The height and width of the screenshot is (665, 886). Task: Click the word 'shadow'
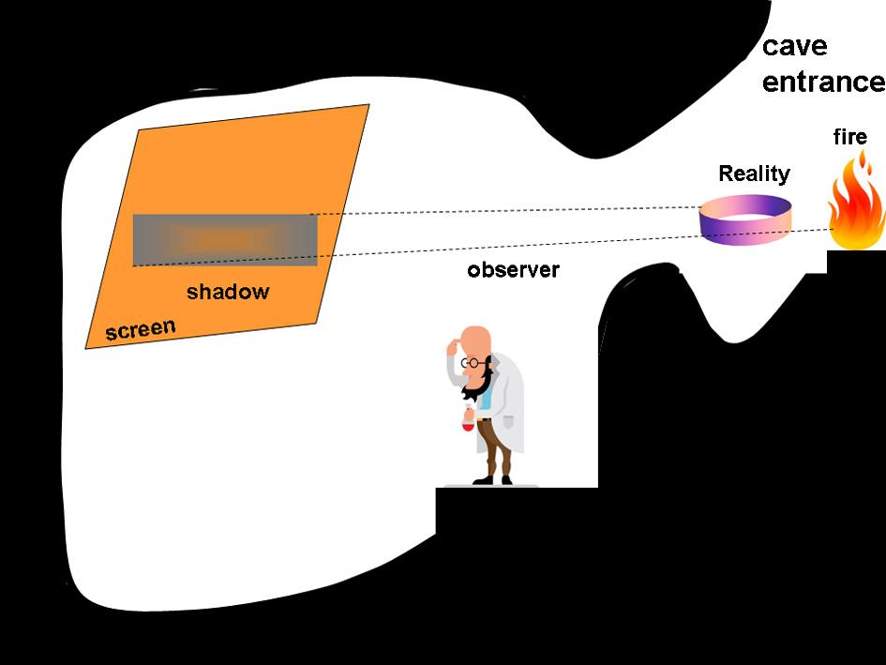point(227,292)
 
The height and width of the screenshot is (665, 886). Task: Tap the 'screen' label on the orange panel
point(140,329)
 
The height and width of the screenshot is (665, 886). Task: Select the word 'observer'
point(513,270)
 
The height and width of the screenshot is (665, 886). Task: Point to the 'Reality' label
point(754,174)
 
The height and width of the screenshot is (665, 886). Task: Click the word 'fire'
point(849,138)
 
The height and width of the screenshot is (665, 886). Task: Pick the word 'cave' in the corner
point(794,47)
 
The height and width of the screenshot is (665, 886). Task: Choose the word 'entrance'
point(822,83)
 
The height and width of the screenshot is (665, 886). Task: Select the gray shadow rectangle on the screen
point(225,239)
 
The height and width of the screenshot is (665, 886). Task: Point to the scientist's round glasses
point(474,362)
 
